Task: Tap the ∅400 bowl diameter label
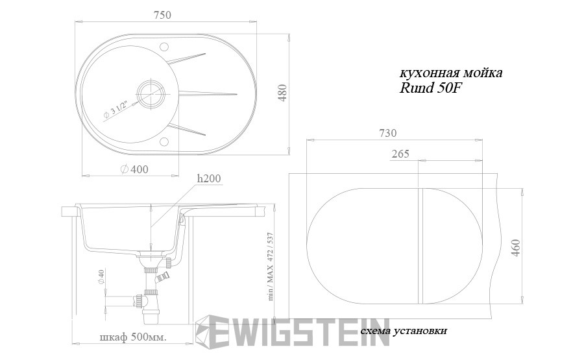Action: [x=134, y=169]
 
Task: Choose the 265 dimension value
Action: [x=400, y=154]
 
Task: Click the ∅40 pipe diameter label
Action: [x=101, y=277]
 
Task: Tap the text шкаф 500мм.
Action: [x=132, y=337]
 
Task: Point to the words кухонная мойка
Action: [x=450, y=73]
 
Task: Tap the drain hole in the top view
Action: [x=152, y=91]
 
